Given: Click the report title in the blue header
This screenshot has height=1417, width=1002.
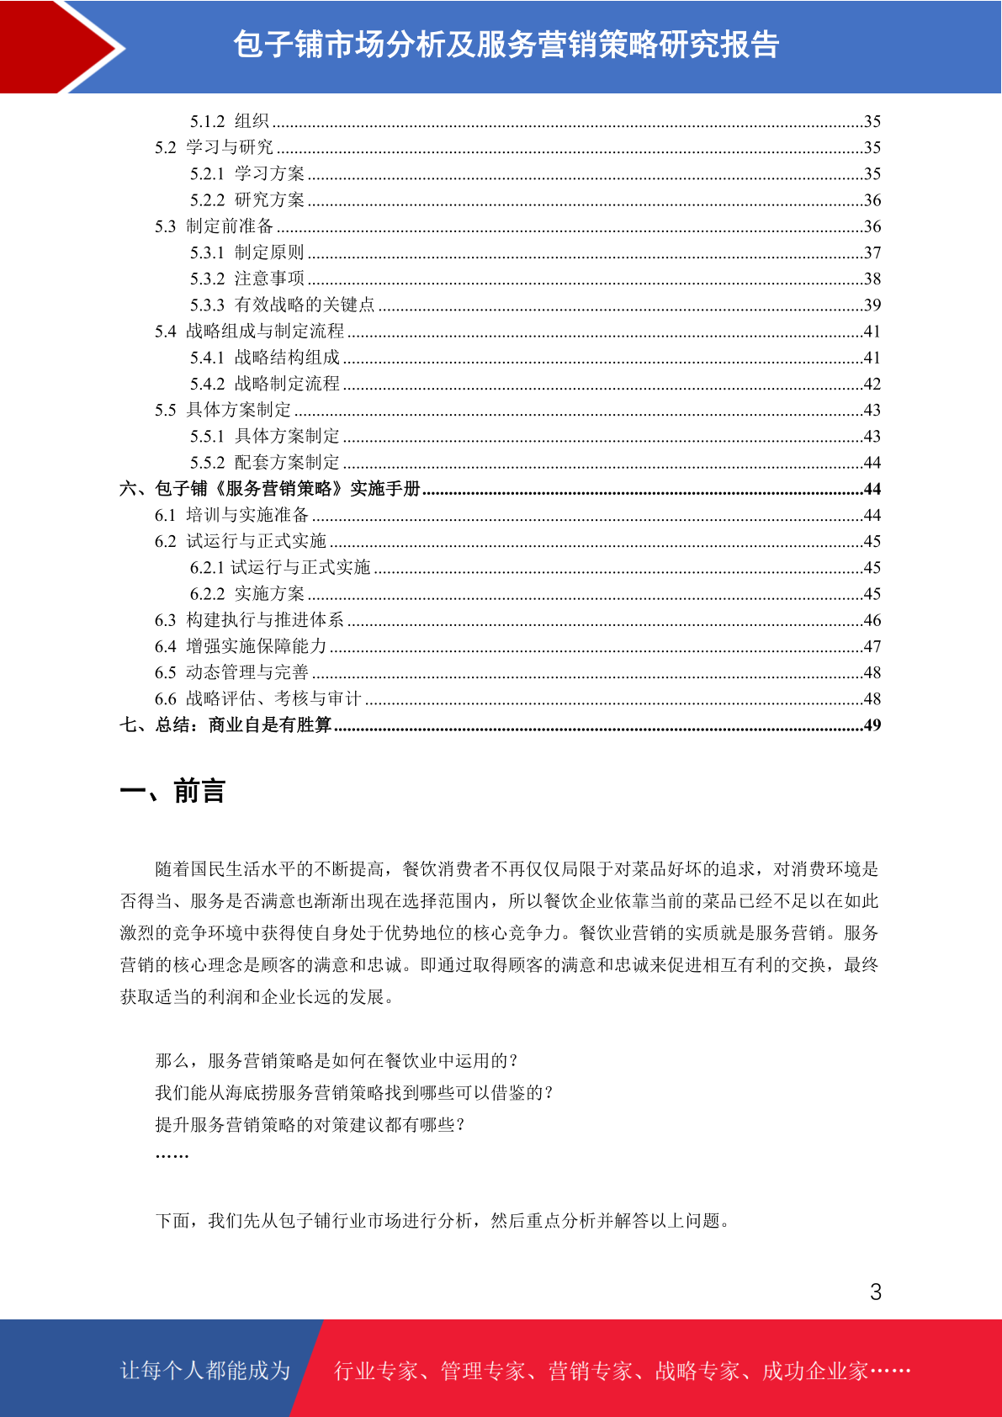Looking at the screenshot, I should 506,45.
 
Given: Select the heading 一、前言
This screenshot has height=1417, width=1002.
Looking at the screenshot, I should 172,792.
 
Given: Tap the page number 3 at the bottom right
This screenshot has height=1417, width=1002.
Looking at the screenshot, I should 875,1292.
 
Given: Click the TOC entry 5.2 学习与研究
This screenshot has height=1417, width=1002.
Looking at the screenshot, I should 214,147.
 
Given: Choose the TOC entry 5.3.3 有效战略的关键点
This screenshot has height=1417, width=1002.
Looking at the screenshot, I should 282,305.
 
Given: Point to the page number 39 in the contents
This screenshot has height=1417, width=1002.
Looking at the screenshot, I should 872,305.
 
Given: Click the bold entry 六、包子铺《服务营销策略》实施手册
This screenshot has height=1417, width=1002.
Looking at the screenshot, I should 269,489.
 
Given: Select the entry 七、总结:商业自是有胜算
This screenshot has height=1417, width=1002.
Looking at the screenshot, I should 225,724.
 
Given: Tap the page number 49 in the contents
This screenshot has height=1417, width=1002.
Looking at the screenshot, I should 872,724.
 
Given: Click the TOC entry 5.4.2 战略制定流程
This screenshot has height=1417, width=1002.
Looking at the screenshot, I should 264,384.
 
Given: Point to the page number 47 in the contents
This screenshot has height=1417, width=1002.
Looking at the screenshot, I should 872,646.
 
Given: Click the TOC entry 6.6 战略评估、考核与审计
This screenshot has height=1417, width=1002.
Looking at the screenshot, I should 257,698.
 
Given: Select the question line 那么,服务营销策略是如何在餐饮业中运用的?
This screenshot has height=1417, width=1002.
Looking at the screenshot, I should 337,1060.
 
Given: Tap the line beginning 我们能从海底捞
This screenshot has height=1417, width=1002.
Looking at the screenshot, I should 354,1092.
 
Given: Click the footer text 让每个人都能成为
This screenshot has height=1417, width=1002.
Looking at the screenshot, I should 205,1371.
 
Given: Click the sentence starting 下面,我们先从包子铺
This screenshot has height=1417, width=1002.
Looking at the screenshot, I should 443,1220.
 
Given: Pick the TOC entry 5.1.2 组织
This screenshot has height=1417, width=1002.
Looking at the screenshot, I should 229,121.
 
